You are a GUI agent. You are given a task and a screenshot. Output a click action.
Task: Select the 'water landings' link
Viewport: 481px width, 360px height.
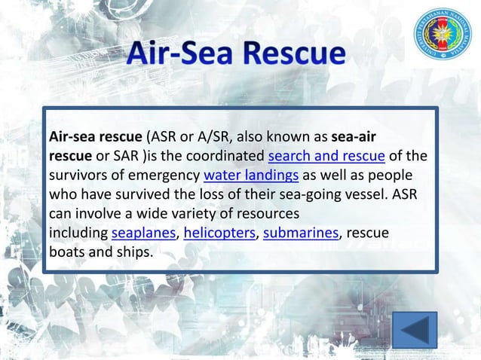[251, 176]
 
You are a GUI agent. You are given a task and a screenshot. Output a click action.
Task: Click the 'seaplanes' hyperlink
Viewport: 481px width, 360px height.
[143, 233]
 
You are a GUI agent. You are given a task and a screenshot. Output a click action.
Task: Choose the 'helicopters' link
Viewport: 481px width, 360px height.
[219, 233]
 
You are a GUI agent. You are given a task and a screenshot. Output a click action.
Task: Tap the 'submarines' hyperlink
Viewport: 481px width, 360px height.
[299, 233]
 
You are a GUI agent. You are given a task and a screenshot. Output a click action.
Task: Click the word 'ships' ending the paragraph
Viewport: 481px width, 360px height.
[134, 252]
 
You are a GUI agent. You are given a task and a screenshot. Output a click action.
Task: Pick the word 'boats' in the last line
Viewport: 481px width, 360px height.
[66, 252]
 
